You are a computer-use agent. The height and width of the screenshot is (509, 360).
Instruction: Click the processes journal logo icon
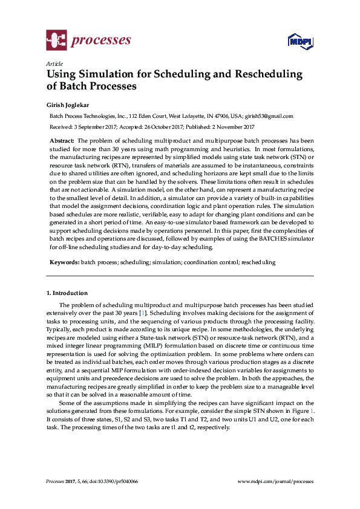point(56,41)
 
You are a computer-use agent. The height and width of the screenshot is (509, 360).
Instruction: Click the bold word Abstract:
point(62,140)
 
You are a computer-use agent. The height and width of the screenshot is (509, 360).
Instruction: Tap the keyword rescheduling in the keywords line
point(258,263)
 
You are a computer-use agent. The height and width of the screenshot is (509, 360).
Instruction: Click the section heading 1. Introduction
point(67,293)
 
